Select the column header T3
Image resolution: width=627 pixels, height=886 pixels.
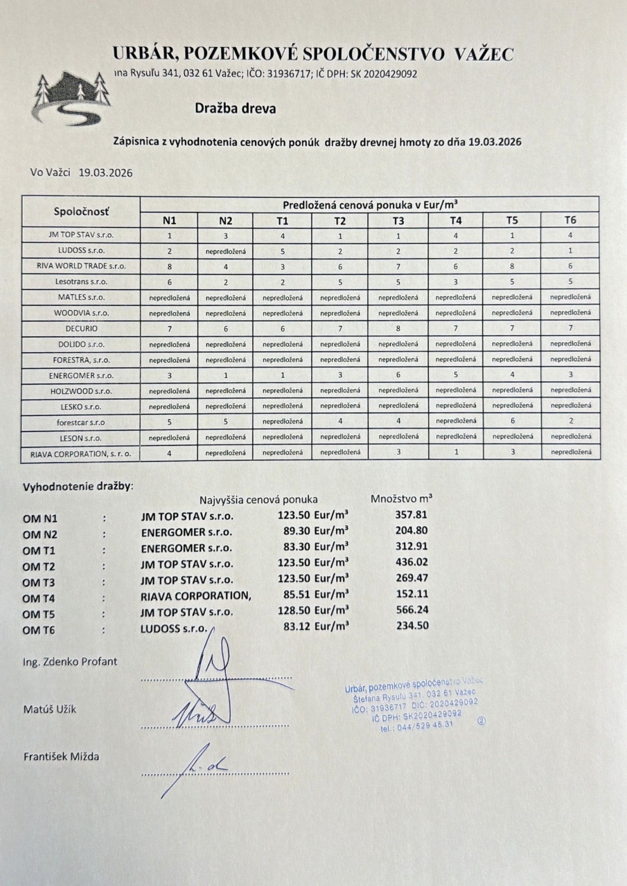click(x=398, y=220)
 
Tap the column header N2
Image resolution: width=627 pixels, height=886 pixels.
click(x=225, y=220)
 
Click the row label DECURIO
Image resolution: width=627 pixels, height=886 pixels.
click(x=81, y=328)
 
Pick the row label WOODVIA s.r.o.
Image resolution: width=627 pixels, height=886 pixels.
click(x=81, y=313)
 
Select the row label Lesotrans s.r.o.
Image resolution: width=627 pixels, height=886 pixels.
click(x=81, y=282)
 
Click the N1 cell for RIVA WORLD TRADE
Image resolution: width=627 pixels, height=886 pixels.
click(x=169, y=266)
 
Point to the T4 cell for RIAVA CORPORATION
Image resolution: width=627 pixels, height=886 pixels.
click(x=455, y=452)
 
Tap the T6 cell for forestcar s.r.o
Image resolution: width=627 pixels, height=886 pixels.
click(x=571, y=421)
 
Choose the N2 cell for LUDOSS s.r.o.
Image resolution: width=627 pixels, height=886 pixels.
click(x=225, y=251)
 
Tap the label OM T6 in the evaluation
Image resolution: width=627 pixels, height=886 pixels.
click(x=39, y=629)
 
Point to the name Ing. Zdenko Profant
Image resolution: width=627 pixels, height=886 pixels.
click(x=70, y=661)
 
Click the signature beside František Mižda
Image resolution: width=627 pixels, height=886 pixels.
click(x=200, y=765)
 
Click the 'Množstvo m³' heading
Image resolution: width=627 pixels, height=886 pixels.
click(x=402, y=497)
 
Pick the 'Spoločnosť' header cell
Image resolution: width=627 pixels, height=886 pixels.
click(x=81, y=212)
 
